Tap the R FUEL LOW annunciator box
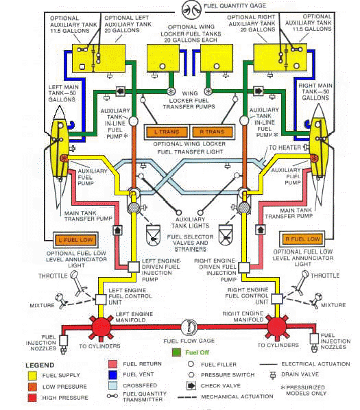click(301, 239)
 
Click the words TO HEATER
click(283, 147)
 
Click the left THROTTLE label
click(40, 276)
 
